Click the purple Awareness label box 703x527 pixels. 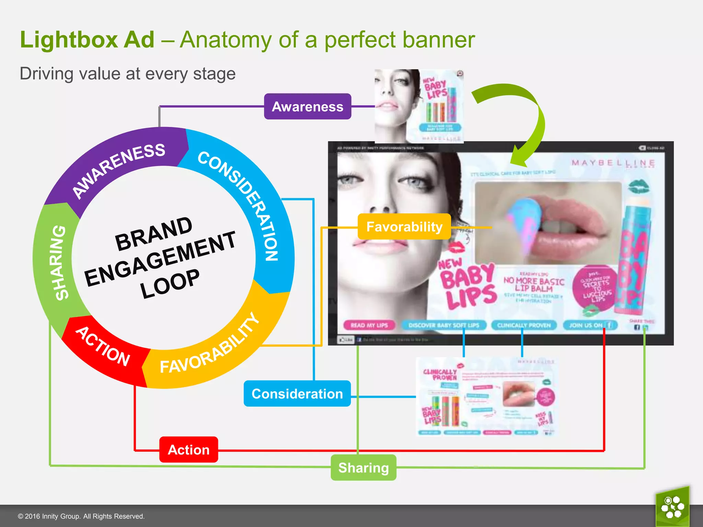[x=307, y=106]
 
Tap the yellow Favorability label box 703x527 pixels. [x=404, y=226]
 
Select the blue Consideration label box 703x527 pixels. [x=297, y=394]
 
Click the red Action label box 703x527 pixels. [x=188, y=449]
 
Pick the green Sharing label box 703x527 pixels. [x=363, y=468]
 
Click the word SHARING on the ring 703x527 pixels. [x=58, y=262]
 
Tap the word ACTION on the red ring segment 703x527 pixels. [x=103, y=347]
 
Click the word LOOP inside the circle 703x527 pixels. [x=170, y=283]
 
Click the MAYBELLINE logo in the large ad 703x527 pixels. [x=613, y=163]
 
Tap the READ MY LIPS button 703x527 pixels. [x=369, y=325]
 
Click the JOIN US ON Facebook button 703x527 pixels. [x=589, y=325]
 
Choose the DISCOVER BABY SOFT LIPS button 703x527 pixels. [x=443, y=325]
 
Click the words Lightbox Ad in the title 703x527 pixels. [x=88, y=39]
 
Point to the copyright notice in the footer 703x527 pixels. [x=81, y=516]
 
